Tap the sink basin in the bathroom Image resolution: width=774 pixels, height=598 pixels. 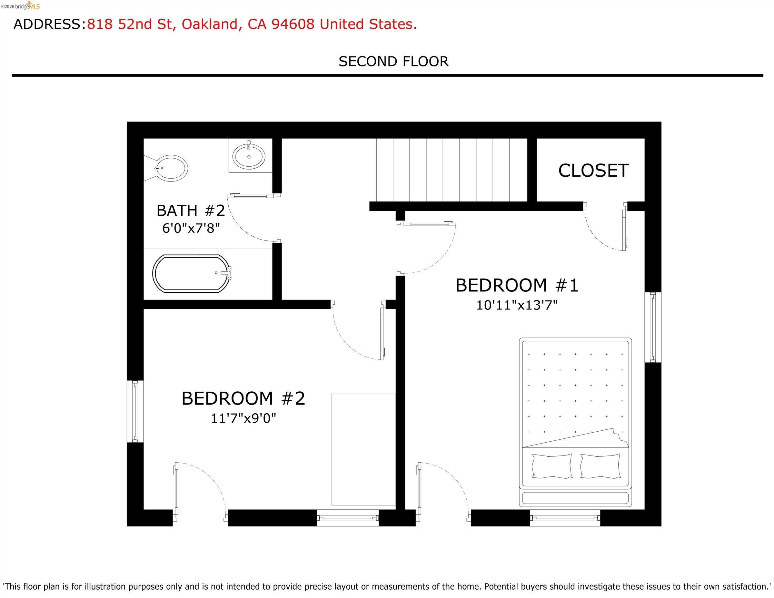(x=249, y=156)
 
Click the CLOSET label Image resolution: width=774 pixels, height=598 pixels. (x=593, y=171)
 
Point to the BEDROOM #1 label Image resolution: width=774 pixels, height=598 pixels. (x=517, y=286)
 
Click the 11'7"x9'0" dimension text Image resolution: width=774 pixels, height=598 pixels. (x=243, y=419)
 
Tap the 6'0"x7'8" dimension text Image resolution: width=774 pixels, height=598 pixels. (x=191, y=229)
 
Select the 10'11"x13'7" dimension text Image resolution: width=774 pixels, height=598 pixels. (x=517, y=305)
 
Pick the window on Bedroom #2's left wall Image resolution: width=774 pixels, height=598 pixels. (x=135, y=411)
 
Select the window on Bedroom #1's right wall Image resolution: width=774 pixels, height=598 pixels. (x=653, y=327)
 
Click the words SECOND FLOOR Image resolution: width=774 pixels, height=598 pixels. (x=393, y=62)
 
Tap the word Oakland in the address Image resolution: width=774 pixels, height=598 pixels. (x=209, y=24)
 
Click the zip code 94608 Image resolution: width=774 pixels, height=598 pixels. (x=293, y=24)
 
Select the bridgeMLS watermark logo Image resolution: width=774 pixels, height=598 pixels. (x=21, y=6)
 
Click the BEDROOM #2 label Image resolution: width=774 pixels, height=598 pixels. (x=243, y=398)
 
